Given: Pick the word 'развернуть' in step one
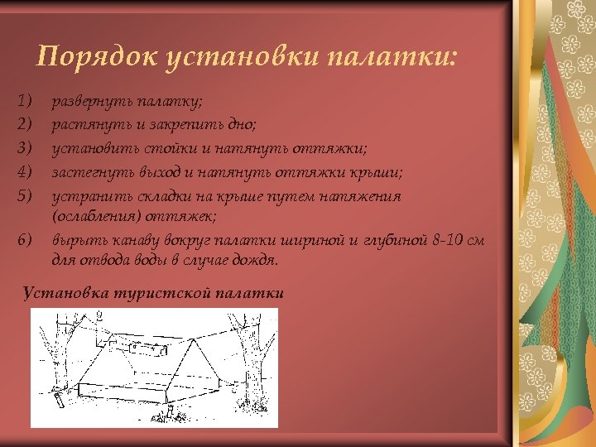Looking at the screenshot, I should point(88,102).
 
